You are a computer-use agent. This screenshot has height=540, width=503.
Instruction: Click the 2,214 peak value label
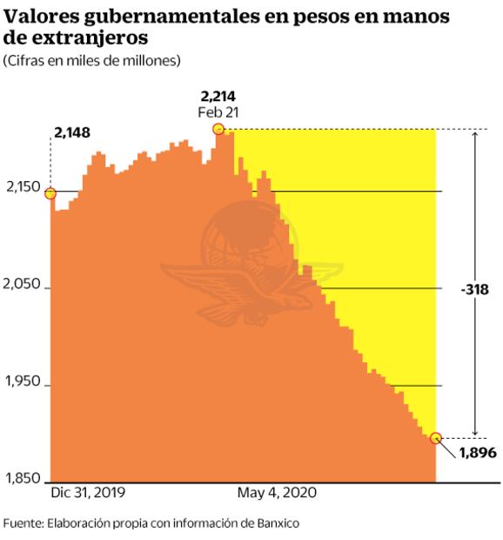tap(218, 97)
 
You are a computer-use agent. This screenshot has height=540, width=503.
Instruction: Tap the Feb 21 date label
tap(218, 112)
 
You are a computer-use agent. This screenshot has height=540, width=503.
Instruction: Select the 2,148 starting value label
tap(72, 133)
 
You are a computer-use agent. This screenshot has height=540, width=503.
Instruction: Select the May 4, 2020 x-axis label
tap(278, 492)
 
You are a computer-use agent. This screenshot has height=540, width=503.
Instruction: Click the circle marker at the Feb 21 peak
tap(218, 129)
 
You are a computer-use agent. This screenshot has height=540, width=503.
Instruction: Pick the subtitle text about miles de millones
tap(92, 60)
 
